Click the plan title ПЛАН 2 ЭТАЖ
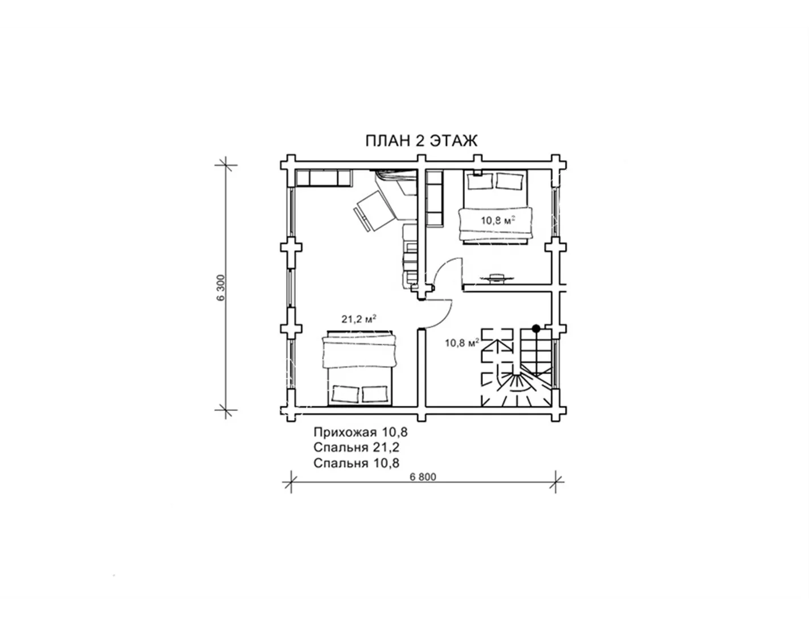tap(421, 141)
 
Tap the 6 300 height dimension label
tap(221, 287)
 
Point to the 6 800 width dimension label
tap(423, 477)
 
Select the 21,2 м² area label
tap(358, 319)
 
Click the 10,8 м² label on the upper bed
tap(498, 220)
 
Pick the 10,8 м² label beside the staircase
tap(462, 343)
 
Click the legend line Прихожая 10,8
tap(360, 433)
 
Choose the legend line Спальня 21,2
tap(356, 447)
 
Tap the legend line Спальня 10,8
tap(356, 463)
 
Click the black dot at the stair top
tap(536, 328)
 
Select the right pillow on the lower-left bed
tap(374, 393)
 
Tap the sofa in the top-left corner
tap(323, 178)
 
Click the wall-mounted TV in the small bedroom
tap(494, 278)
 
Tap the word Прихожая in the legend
tap(340, 433)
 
